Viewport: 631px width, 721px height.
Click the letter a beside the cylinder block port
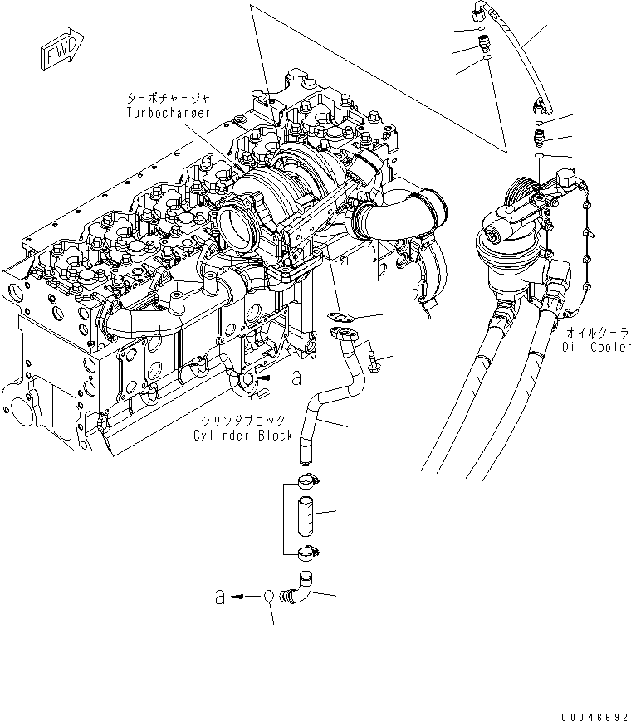point(295,378)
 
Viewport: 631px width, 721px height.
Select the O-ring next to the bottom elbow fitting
point(269,597)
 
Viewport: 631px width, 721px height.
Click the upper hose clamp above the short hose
point(303,479)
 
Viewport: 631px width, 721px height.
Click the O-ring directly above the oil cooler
point(539,155)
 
